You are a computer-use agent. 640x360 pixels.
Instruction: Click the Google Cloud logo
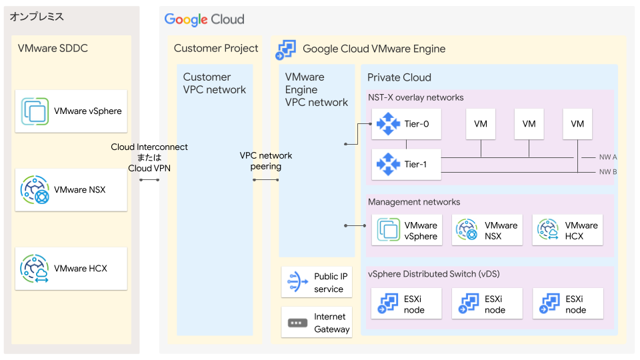coord(205,19)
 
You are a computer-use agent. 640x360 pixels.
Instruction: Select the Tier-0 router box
coord(407,123)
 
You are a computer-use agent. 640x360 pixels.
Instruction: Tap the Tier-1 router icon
coord(387,164)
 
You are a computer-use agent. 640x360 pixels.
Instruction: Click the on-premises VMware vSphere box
coord(71,111)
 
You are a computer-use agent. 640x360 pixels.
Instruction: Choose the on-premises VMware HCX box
coord(71,269)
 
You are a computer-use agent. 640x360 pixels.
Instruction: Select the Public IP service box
coord(316,283)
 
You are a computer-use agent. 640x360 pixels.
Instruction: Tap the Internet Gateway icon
coord(295,323)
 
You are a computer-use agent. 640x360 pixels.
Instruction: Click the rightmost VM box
coord(577,123)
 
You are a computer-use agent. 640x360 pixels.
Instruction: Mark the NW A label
coord(607,157)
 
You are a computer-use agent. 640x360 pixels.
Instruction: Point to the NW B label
coord(607,172)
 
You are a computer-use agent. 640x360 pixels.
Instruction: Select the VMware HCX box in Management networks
coord(567,230)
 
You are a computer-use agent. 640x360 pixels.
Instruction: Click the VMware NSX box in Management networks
coord(487,230)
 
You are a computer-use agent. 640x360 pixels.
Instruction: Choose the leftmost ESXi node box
coord(407,304)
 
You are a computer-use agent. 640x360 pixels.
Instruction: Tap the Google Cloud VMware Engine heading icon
coord(287,49)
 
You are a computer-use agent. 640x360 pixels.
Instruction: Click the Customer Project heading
coord(216,48)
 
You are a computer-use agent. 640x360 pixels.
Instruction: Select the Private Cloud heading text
coord(399,77)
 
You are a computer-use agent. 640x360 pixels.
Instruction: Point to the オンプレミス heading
coord(37,17)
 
